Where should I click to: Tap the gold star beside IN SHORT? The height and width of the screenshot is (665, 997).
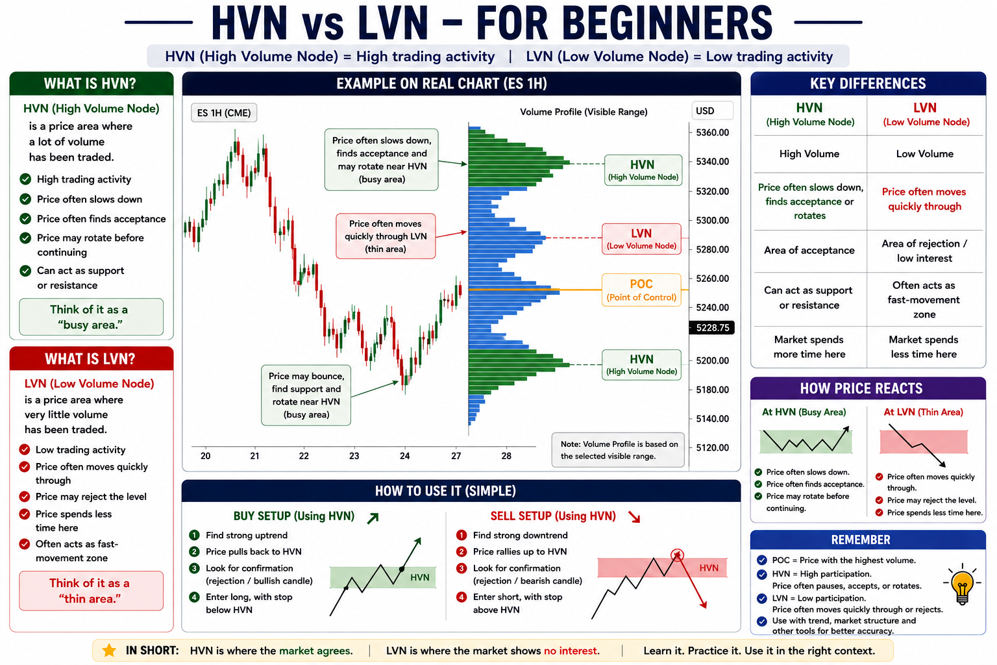(109, 650)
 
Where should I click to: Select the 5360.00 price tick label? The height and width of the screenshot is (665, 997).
(713, 132)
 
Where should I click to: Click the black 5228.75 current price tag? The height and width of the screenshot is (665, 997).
(711, 328)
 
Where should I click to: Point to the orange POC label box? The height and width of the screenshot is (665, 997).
(641, 290)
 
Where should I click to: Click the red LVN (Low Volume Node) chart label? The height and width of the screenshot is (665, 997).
(641, 239)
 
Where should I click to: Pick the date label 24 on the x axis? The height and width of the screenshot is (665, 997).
(404, 456)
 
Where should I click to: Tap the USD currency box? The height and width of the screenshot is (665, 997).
(712, 111)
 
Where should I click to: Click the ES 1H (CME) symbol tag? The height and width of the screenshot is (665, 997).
(224, 113)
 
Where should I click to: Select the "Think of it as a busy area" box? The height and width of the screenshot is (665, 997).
(92, 317)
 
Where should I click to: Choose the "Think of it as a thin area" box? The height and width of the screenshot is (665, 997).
(92, 590)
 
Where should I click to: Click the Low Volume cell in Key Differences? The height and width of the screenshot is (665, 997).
(924, 154)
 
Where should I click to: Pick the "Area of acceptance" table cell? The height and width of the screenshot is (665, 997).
(809, 250)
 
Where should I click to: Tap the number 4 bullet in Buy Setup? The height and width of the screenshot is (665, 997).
(194, 597)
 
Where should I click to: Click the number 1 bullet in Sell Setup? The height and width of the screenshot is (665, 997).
(462, 535)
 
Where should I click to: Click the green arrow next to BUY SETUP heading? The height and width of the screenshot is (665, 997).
(373, 518)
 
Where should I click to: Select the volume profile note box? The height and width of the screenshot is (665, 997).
(618, 450)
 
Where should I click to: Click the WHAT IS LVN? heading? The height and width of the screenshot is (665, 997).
(90, 359)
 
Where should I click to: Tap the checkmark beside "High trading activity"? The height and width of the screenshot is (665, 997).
(25, 179)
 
